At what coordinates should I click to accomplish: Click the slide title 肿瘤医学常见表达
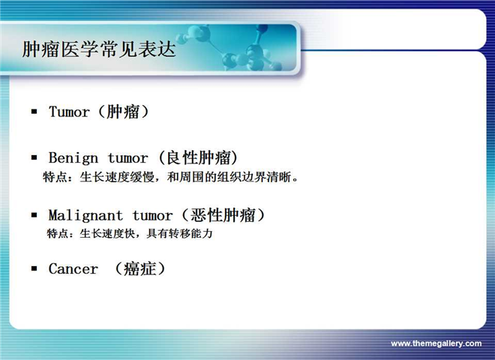(x=99, y=49)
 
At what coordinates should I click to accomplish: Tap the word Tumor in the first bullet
(x=69, y=112)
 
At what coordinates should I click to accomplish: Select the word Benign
(x=73, y=158)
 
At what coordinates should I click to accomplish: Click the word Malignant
(x=85, y=216)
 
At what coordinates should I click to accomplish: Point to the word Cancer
(x=73, y=268)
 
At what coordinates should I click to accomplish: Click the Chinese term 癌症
(x=139, y=268)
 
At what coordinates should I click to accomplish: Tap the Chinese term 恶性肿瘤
(x=223, y=215)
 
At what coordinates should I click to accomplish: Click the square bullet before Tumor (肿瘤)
(x=34, y=111)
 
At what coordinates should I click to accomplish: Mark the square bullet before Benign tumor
(x=34, y=157)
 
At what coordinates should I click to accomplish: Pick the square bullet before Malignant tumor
(x=34, y=215)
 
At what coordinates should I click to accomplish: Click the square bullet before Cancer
(x=34, y=268)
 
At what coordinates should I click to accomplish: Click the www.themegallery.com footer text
(x=436, y=343)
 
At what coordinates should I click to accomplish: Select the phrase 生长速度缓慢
(x=117, y=177)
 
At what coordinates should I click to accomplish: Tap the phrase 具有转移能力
(x=180, y=234)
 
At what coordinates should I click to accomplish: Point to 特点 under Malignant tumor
(x=56, y=234)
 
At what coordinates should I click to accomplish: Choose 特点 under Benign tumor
(x=55, y=177)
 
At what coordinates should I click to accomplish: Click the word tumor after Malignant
(x=152, y=216)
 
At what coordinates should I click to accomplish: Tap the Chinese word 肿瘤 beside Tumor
(x=123, y=112)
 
